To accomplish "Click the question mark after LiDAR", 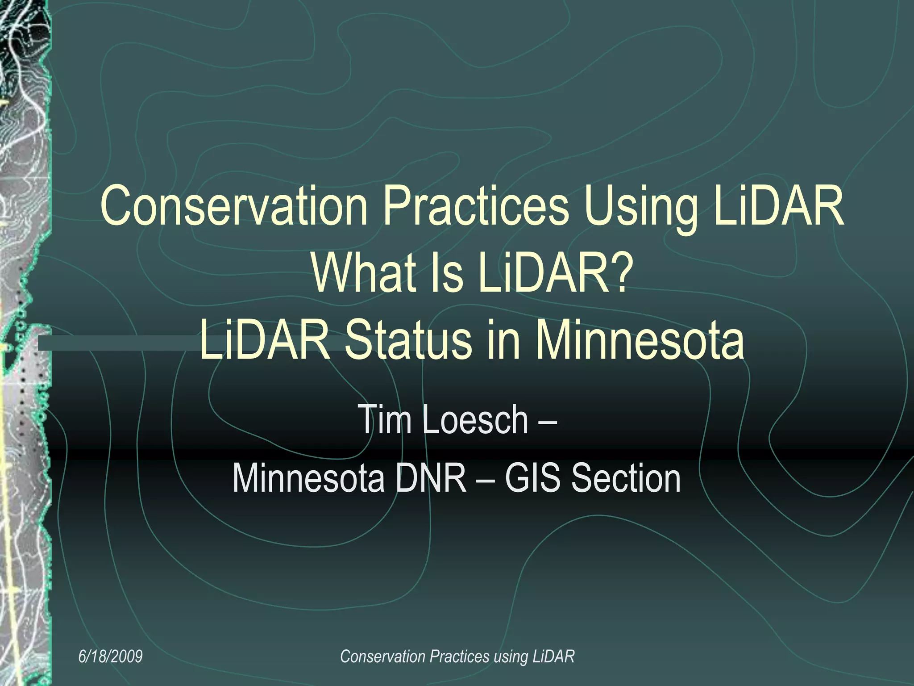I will point(620,272).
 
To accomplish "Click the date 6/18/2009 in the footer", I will point(110,656).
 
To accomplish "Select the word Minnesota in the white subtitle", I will point(308,478).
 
